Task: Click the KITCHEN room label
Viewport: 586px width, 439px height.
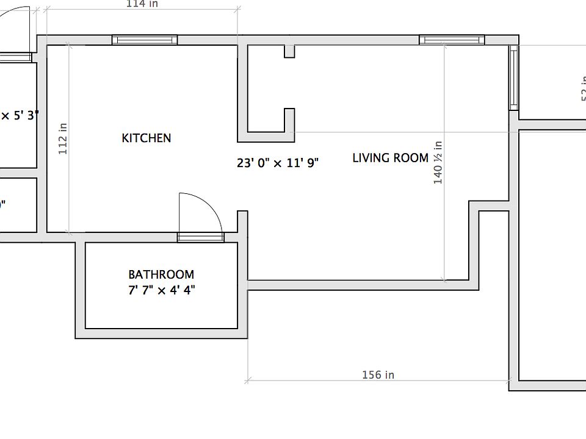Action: click(146, 138)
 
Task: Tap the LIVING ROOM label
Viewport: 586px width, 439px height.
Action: click(391, 158)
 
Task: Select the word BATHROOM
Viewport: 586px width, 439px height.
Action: click(161, 275)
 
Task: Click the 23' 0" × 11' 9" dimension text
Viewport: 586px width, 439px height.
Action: click(278, 163)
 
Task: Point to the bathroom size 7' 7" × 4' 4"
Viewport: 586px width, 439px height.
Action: click(161, 290)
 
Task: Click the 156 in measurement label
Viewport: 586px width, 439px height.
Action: click(378, 374)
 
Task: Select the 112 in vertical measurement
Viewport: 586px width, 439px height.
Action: click(63, 138)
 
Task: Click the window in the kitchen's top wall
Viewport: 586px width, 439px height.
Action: click(145, 40)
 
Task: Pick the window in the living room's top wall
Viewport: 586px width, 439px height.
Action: click(452, 40)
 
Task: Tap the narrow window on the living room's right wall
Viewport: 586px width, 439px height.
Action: click(514, 78)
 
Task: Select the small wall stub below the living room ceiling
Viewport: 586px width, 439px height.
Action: click(289, 52)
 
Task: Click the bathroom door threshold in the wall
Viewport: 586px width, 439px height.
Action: click(200, 237)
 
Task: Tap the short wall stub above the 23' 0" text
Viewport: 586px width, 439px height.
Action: click(289, 120)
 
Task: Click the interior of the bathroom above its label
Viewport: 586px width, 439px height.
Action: click(161, 256)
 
